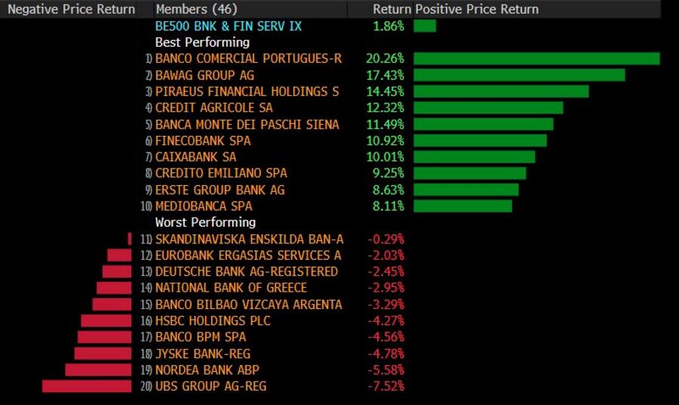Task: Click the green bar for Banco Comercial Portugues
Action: [x=536, y=59]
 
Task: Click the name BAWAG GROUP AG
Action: [x=204, y=76]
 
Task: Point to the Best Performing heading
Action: [x=201, y=42]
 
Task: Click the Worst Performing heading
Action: [x=205, y=222]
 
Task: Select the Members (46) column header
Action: [x=194, y=9]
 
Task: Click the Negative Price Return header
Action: [x=72, y=9]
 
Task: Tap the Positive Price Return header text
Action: [x=477, y=9]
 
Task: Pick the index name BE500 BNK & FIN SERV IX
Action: [x=228, y=26]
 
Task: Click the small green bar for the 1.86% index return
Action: [x=424, y=26]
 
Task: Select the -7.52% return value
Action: [x=386, y=386]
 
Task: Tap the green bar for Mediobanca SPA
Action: [x=462, y=206]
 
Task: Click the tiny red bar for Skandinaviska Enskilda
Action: [x=130, y=239]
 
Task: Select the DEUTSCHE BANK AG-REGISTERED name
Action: [x=246, y=271]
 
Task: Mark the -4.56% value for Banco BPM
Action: [x=386, y=337]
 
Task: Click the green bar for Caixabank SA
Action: [x=474, y=157]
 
